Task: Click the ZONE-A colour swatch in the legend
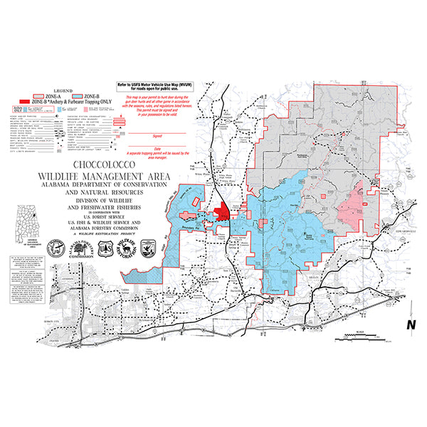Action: click(x=38, y=95)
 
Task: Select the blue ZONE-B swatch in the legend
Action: click(x=76, y=95)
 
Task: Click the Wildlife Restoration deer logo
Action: click(x=126, y=248)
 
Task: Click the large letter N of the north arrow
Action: click(x=410, y=325)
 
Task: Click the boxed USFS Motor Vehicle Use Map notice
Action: click(x=173, y=89)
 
